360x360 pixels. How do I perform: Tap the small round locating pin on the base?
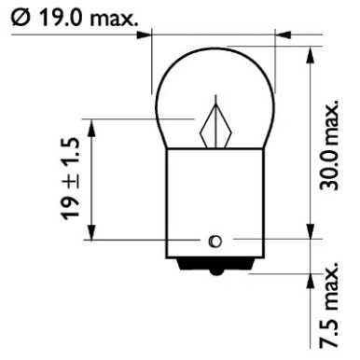tap(215, 242)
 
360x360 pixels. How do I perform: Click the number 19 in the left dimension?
tap(72, 207)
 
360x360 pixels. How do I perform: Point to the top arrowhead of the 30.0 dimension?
tap(309, 55)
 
